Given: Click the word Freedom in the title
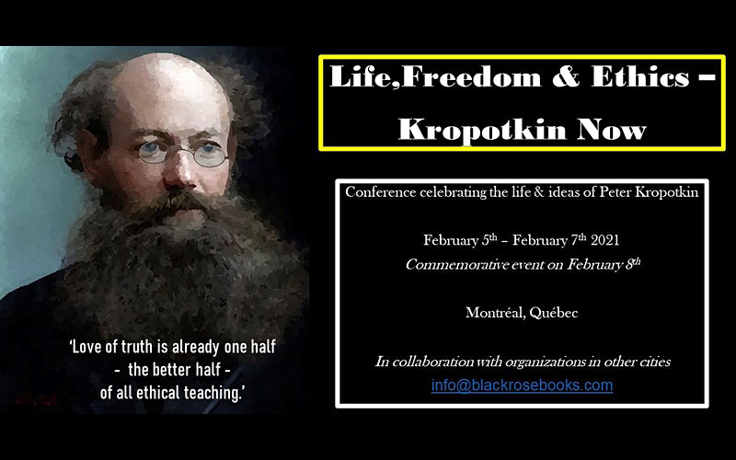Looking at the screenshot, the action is [x=471, y=76].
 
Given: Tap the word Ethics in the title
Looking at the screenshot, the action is [x=640, y=76].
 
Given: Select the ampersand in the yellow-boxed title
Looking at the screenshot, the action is [x=566, y=77].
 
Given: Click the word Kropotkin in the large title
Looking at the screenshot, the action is [x=482, y=129].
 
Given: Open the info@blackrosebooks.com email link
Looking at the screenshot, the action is [x=522, y=385].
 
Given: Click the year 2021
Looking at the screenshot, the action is [x=604, y=240].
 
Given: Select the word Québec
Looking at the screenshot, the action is [x=554, y=313].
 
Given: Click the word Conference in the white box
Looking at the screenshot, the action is [x=381, y=192].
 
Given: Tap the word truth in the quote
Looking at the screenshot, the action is [x=137, y=347].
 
